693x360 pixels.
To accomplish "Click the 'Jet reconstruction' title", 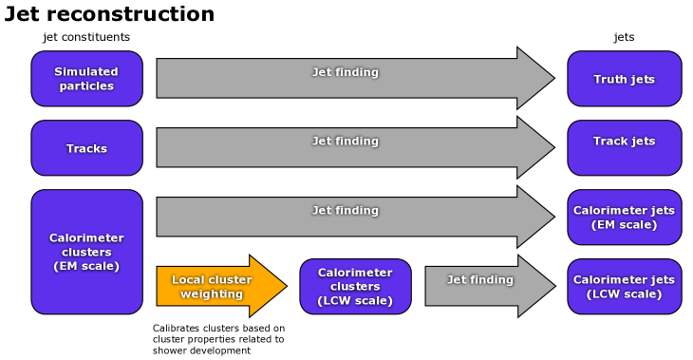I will tap(109, 14).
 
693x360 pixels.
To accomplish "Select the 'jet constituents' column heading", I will tap(86, 37).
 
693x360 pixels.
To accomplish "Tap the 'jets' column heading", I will tap(624, 37).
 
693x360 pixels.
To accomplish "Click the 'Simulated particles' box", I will tap(86, 79).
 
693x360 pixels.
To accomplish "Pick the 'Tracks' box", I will tap(86, 148).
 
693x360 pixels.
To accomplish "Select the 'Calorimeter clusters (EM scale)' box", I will tap(86, 252).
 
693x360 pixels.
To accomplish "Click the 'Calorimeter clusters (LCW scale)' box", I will tap(355, 286).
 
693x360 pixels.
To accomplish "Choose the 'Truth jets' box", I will tap(624, 79).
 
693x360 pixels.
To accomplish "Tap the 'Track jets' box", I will tap(624, 148).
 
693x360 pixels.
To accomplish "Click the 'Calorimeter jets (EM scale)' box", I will tap(624, 218).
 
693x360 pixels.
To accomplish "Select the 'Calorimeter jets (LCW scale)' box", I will tap(624, 286).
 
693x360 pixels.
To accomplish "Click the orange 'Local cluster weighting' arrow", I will tap(218, 286).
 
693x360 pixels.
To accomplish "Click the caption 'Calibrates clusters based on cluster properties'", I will tap(218, 339).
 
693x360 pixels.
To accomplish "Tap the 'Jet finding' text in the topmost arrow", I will tap(346, 72).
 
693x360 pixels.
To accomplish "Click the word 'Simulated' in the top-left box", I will tap(86, 72).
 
